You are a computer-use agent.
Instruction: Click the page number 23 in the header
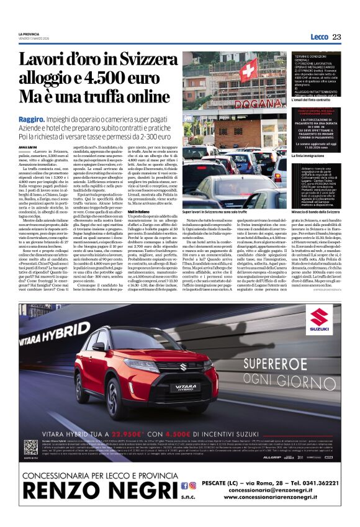336,37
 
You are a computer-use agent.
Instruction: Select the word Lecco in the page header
319,37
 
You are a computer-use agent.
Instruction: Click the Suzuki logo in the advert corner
320,318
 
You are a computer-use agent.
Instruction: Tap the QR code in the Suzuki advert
32,445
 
